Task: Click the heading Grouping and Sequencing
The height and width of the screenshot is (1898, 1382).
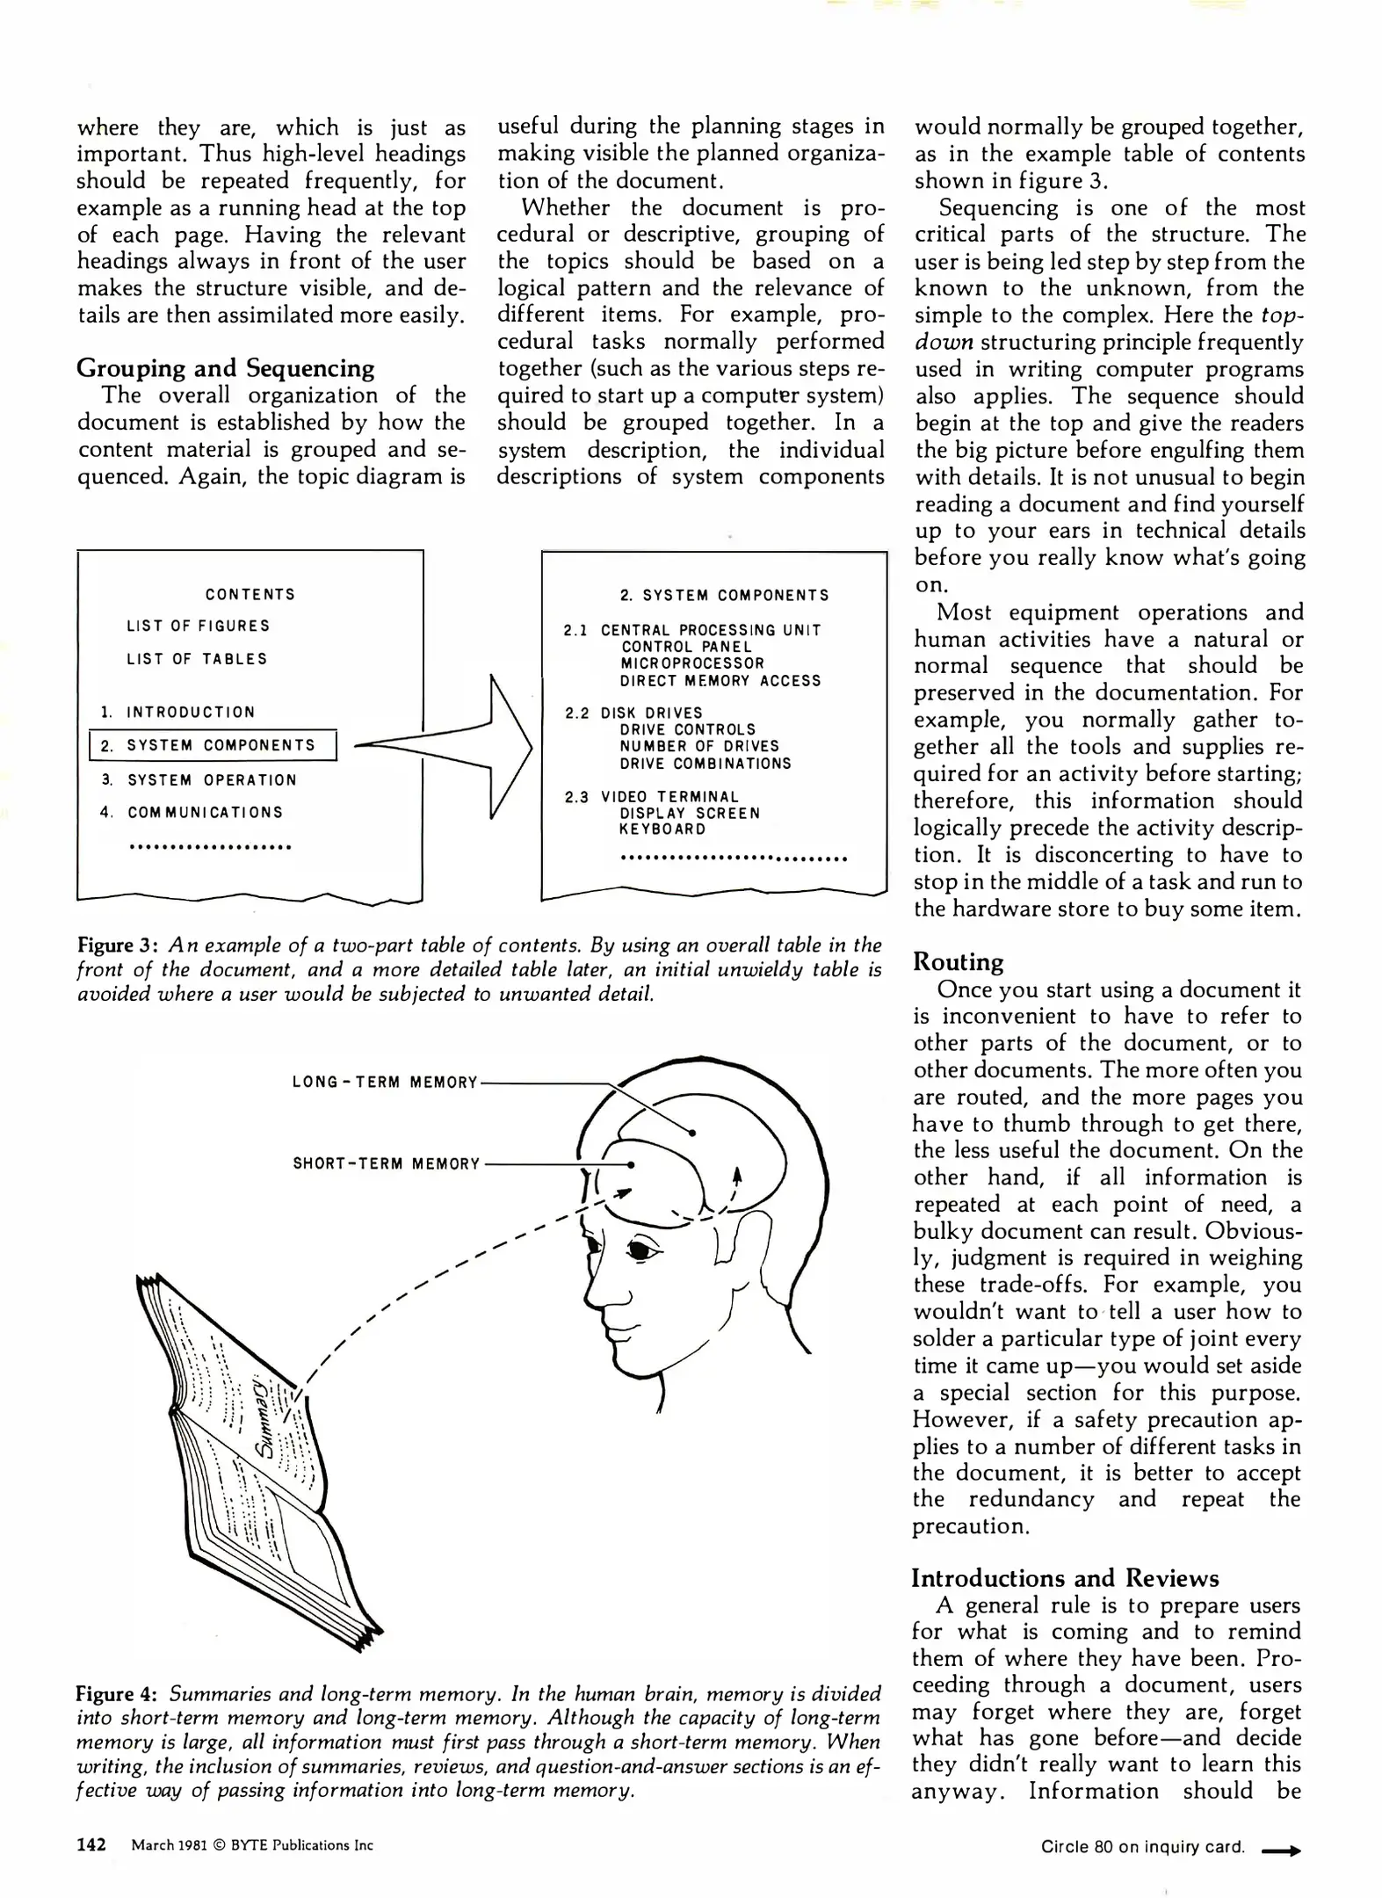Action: (x=225, y=368)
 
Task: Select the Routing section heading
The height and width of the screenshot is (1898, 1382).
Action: (x=958, y=962)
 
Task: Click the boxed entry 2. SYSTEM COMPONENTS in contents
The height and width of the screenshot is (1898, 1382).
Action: (x=213, y=746)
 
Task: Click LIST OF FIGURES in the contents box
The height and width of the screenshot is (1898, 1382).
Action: (x=198, y=626)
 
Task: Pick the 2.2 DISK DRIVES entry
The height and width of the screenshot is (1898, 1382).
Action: (x=633, y=713)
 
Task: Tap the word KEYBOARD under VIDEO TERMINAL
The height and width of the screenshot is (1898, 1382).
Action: (x=662, y=829)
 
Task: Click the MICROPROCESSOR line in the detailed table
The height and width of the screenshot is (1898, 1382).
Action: (x=691, y=663)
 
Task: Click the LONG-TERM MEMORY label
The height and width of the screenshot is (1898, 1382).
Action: (x=384, y=1083)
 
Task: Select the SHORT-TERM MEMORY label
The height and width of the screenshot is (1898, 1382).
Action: (x=386, y=1164)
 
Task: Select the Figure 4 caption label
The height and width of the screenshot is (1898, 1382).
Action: (x=117, y=1694)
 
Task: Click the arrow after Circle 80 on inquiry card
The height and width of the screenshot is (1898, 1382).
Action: (x=1280, y=1850)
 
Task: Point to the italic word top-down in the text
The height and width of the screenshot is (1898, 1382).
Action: (x=1282, y=315)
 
